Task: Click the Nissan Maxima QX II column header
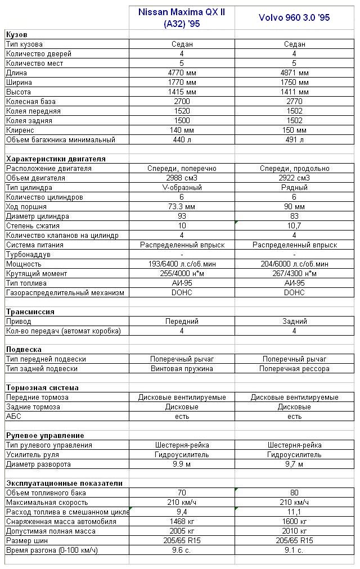[x=182, y=17]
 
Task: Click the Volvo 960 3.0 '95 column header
[x=294, y=17]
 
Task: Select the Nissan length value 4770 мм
[x=182, y=73]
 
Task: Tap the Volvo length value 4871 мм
[x=294, y=73]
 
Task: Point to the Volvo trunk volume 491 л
[x=294, y=140]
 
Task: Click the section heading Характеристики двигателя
[x=56, y=159]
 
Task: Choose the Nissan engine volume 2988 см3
[x=182, y=178]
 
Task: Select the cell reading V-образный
[x=182, y=188]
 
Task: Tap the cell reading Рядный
[x=294, y=188]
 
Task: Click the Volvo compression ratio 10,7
[x=294, y=226]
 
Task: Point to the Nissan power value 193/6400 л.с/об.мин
[x=182, y=264]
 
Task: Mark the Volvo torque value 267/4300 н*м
[x=294, y=274]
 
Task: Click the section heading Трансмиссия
[x=30, y=312]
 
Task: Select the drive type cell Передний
[x=182, y=322]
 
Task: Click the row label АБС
[x=13, y=417]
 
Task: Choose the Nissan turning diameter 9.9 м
[x=182, y=464]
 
